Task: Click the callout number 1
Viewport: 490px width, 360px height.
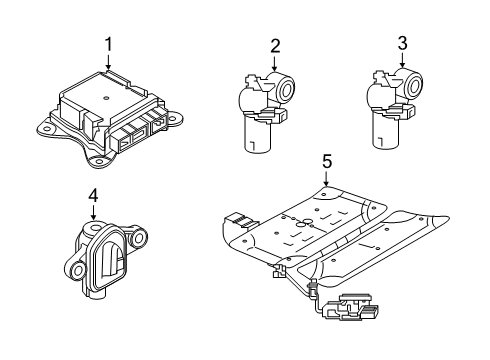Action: tap(108, 44)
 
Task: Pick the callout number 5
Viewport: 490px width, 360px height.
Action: tap(325, 159)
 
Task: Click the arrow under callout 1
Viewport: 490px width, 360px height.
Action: tap(108, 63)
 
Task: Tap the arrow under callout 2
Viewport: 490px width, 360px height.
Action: tap(273, 64)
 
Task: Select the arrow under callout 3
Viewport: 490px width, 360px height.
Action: tap(402, 62)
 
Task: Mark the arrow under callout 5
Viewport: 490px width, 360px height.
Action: tap(325, 178)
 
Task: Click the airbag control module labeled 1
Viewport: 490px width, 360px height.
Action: tap(110, 115)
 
